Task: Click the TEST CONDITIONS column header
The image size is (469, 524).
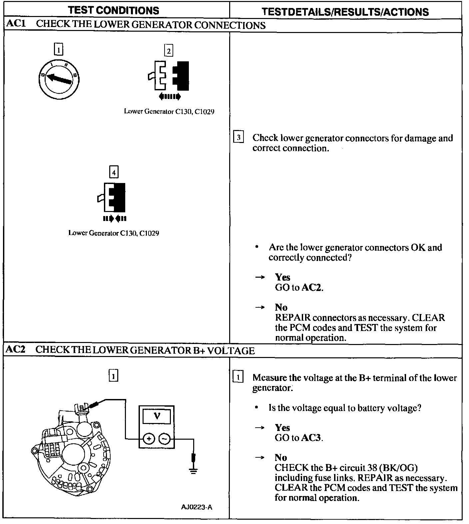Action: pyautogui.click(x=114, y=10)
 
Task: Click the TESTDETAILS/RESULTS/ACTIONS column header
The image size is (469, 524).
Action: pyautogui.click(x=345, y=12)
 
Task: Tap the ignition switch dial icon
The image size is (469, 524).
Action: pyautogui.click(x=59, y=80)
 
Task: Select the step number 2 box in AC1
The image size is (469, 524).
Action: pyautogui.click(x=169, y=51)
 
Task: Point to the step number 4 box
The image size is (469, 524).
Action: pyautogui.click(x=114, y=172)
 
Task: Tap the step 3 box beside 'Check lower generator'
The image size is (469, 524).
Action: pyautogui.click(x=238, y=137)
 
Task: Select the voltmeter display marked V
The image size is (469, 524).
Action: pyautogui.click(x=157, y=417)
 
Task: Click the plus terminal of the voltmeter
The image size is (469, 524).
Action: pyautogui.click(x=149, y=439)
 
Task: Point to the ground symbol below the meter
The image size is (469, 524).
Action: pyautogui.click(x=193, y=470)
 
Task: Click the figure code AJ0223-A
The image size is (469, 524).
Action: pyautogui.click(x=197, y=507)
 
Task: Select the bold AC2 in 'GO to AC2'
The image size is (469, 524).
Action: pyautogui.click(x=312, y=287)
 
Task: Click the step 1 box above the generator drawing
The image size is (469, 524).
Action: pyautogui.click(x=114, y=376)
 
